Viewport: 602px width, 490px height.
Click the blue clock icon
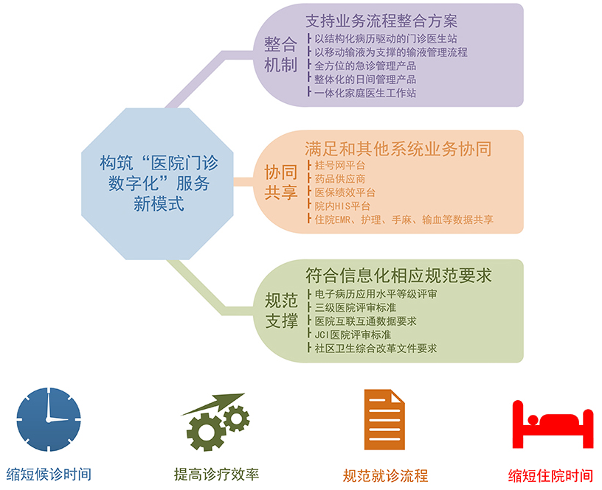tap(49, 419)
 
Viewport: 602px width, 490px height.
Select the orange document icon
tap(384, 419)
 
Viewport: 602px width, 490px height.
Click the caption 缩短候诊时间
tap(49, 475)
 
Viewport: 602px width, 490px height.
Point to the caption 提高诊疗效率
tap(217, 475)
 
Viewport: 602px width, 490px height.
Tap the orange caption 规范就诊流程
tap(385, 476)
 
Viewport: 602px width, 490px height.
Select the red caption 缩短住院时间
tap(550, 476)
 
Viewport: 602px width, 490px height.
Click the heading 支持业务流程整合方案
tap(381, 21)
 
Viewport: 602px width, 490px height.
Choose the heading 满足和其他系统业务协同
tap(398, 149)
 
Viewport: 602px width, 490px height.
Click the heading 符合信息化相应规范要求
tap(398, 276)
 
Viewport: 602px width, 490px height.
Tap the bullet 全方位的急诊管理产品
tap(365, 66)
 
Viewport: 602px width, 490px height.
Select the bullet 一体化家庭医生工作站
tap(365, 93)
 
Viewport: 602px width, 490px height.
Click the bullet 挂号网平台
tap(340, 165)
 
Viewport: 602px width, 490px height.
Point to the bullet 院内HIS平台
tap(342, 206)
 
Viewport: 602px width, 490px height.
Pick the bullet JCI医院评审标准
tap(353, 335)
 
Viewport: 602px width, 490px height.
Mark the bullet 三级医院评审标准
tap(355, 307)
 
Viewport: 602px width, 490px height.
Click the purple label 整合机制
tap(280, 55)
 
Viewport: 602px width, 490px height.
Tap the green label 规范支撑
tap(281, 310)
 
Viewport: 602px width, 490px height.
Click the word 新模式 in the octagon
tap(159, 203)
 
